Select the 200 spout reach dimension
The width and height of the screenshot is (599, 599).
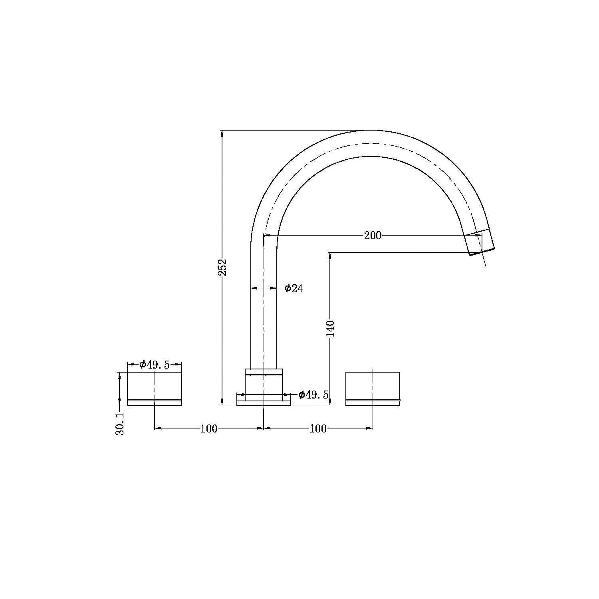tap(373, 236)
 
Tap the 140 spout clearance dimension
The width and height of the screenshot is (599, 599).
tap(331, 328)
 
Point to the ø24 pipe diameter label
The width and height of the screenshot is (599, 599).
tap(294, 288)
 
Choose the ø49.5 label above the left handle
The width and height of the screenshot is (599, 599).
tap(155, 364)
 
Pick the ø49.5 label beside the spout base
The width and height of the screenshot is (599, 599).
tap(313, 395)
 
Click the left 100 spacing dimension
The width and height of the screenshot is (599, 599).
tap(209, 428)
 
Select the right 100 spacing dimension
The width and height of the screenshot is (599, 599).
tap(318, 428)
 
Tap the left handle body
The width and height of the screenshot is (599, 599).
tap(155, 386)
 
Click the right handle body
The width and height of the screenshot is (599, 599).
tap(373, 386)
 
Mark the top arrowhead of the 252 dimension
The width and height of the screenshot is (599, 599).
tap(222, 133)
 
